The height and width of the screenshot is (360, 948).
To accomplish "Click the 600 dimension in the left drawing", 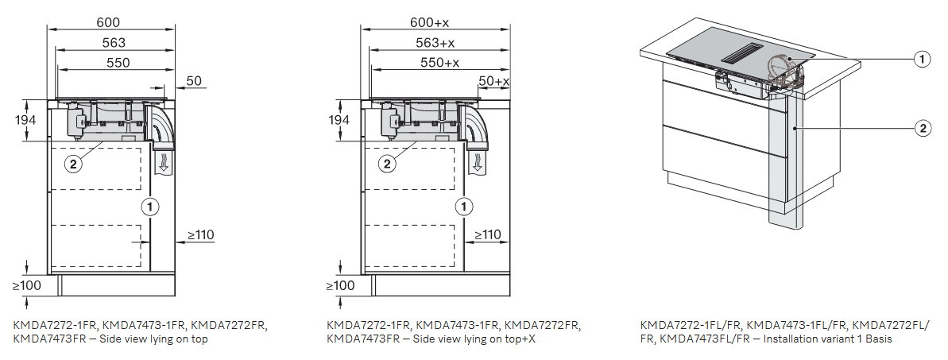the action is (108, 22).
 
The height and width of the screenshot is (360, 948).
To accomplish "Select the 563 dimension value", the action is (114, 42).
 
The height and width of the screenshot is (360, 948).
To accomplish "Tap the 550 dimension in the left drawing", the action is (118, 62).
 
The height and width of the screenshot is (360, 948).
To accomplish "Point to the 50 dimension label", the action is (194, 81).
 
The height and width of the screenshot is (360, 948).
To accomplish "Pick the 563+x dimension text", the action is (435, 42).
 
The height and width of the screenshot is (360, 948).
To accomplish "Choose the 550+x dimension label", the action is (439, 62).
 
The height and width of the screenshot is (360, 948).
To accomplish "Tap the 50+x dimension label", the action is (494, 81).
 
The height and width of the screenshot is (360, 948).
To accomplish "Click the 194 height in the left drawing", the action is (25, 120).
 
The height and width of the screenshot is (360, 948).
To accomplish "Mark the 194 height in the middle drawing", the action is (339, 120).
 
